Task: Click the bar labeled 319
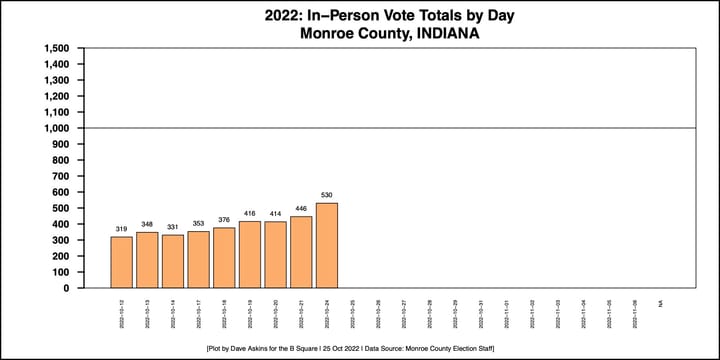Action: (x=121, y=262)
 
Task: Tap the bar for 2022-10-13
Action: (x=147, y=260)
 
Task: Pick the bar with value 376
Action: (x=224, y=257)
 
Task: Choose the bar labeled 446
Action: (x=301, y=252)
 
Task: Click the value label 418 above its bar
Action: (x=250, y=212)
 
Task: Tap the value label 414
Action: (x=275, y=213)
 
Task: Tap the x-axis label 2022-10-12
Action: (x=121, y=311)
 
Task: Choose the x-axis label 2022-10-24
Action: (x=327, y=311)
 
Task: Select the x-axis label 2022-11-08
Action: (x=635, y=311)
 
